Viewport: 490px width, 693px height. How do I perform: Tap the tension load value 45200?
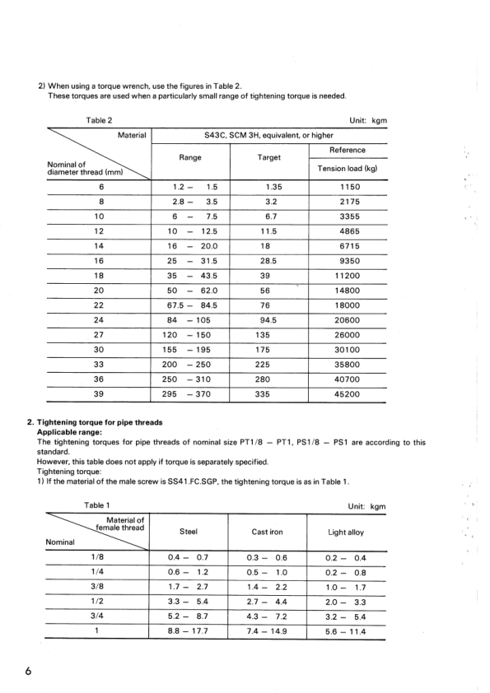point(347,394)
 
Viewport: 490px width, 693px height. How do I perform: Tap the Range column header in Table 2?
point(190,157)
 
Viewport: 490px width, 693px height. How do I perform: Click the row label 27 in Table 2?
point(99,335)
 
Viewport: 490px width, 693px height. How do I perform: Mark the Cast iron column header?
point(268,533)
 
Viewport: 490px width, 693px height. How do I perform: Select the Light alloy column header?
point(347,533)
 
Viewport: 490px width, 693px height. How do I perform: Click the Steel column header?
point(190,533)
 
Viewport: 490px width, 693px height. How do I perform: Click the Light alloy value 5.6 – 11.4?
point(347,632)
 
